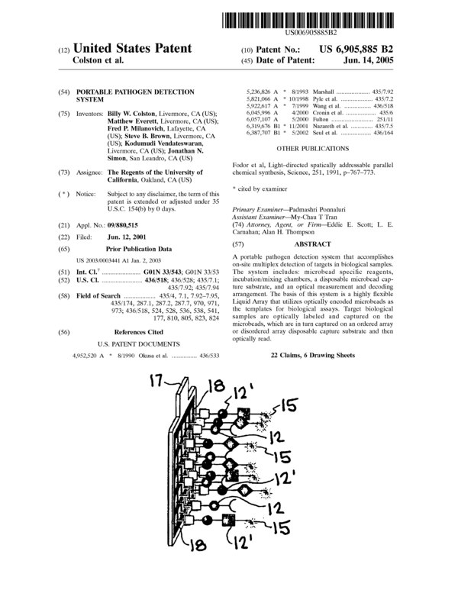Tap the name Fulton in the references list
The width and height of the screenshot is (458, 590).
point(321,118)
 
